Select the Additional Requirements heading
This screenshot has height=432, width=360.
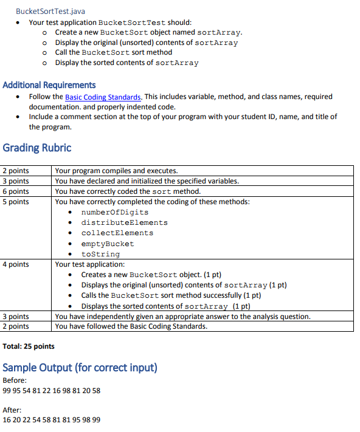(49, 85)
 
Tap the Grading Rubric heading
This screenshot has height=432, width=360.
(37, 148)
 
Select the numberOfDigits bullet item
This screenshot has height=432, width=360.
(115, 212)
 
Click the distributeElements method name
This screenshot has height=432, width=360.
(124, 222)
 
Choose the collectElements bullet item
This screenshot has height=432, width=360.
(117, 233)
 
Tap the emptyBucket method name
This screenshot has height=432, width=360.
(108, 244)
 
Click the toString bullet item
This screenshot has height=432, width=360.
(100, 254)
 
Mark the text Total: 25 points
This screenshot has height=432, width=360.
(29, 346)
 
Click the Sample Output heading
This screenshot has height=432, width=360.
(80, 368)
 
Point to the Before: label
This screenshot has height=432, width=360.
(15, 380)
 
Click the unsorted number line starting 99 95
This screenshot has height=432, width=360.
(52, 390)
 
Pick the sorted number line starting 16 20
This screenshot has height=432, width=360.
(52, 420)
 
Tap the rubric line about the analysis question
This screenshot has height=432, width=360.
(182, 317)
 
